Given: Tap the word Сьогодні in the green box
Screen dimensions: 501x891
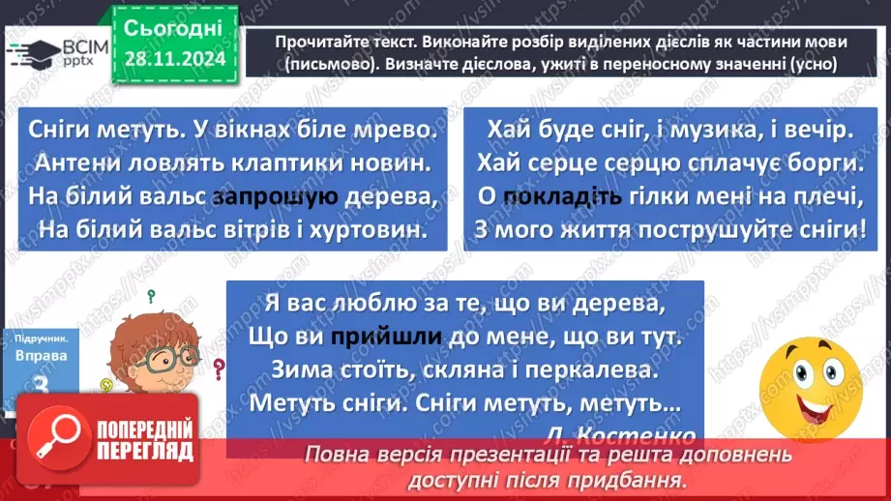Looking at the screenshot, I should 175,27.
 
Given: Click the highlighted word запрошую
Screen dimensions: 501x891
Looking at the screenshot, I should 276,197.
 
